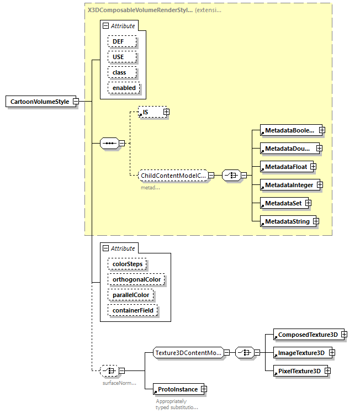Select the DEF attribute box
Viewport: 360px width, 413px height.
[118, 41]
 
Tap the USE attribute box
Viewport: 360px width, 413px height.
[118, 57]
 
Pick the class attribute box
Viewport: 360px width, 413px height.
[119, 72]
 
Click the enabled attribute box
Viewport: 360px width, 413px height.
[123, 88]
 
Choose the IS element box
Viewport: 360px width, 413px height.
[150, 112]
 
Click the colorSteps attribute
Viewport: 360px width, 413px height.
[127, 264]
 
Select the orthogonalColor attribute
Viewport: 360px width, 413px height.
[136, 280]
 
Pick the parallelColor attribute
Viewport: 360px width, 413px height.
[130, 295]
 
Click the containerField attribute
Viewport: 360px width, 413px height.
[133, 311]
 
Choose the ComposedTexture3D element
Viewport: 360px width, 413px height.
[307, 335]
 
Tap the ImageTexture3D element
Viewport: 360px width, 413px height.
[301, 353]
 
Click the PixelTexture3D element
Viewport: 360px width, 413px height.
[299, 371]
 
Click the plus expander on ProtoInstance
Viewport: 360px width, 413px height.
[204, 389]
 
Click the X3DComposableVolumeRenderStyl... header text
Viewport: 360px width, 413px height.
[140, 10]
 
